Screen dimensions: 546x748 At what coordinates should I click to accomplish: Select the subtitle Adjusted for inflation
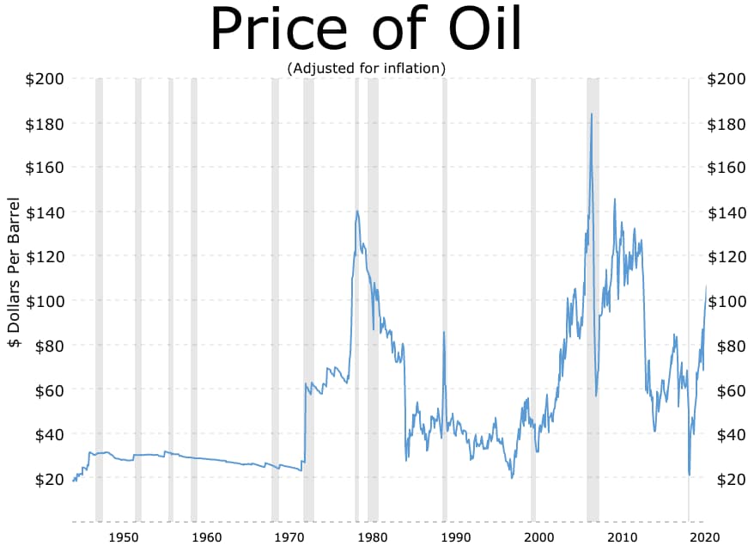coord(367,68)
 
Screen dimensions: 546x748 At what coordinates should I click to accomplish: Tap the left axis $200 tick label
coord(44,79)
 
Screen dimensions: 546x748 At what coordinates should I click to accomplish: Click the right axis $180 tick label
coord(726,124)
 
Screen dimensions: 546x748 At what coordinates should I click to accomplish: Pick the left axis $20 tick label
coord(47,479)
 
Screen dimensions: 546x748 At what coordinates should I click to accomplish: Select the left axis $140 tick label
coord(44,212)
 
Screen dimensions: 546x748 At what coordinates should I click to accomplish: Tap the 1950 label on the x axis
coord(125,537)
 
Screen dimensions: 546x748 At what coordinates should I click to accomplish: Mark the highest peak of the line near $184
coord(592,113)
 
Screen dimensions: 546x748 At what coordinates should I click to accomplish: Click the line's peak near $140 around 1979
coord(356,211)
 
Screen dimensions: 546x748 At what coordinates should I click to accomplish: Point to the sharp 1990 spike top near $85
coord(443,332)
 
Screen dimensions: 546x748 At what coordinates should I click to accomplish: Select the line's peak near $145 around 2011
coord(614,199)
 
